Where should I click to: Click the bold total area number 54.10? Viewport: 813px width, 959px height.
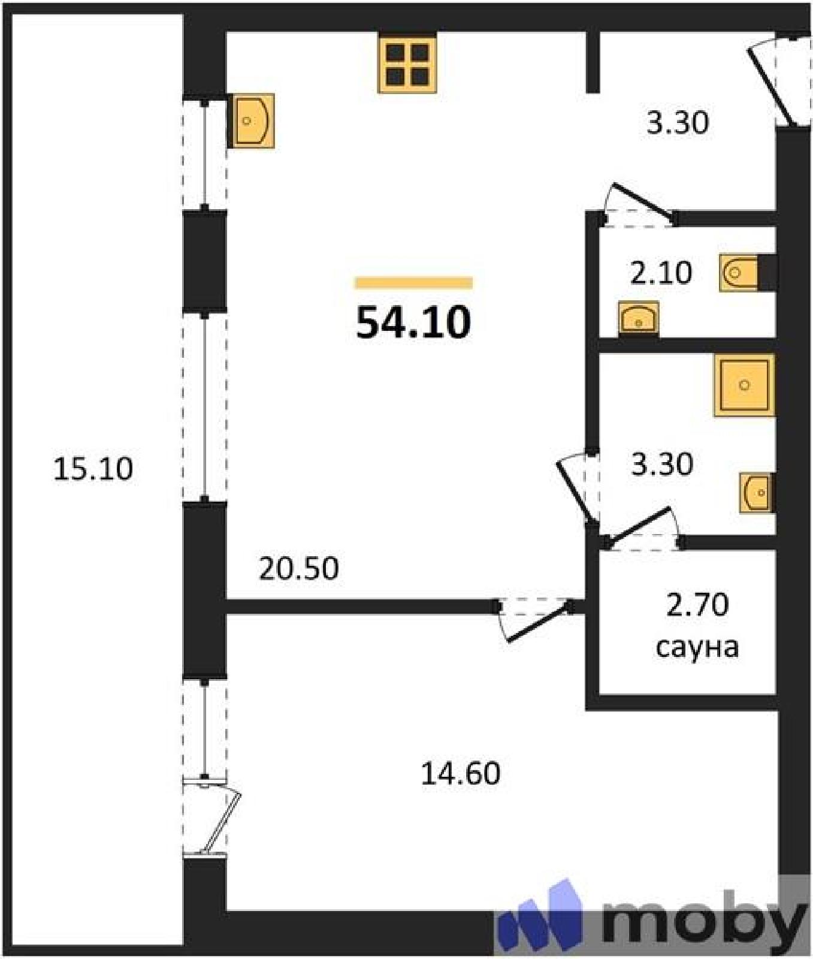coord(413,322)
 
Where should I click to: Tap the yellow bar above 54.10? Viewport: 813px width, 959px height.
coord(413,283)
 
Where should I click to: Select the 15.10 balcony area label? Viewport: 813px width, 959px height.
coord(93,469)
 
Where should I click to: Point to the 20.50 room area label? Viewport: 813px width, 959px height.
coord(298,568)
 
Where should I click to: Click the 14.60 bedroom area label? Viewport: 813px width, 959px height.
coord(460,773)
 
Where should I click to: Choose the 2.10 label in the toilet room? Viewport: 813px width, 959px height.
coord(661,273)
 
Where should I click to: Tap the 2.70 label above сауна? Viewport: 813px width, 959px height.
coord(697,604)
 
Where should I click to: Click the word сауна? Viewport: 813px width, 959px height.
coord(697,647)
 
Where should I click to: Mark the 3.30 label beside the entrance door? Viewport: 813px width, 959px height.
coord(677,122)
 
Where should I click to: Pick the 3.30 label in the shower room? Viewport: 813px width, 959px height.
coord(662,464)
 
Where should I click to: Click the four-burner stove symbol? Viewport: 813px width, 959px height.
coord(407,63)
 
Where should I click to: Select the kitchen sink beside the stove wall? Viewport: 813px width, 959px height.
coord(252,120)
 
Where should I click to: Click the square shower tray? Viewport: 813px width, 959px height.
coord(744,385)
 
